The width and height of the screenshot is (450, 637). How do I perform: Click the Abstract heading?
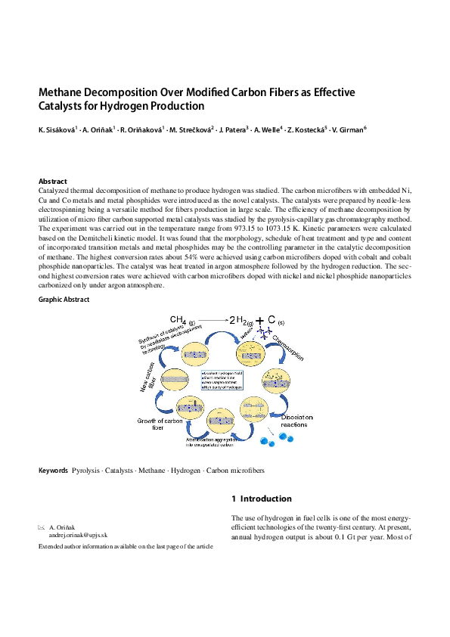(x=53, y=182)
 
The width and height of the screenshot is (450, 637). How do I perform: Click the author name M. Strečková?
(x=192, y=131)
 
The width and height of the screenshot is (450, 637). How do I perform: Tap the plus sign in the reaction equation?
(x=261, y=321)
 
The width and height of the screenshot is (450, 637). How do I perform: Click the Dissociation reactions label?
(x=302, y=421)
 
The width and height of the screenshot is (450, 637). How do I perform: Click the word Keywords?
(x=54, y=471)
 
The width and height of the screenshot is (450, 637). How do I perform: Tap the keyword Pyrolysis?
(x=85, y=471)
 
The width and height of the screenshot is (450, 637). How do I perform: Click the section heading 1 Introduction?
(x=261, y=499)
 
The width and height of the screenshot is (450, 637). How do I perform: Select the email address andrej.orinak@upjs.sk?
(x=79, y=533)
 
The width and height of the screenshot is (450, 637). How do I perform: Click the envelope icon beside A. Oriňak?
(x=42, y=526)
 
